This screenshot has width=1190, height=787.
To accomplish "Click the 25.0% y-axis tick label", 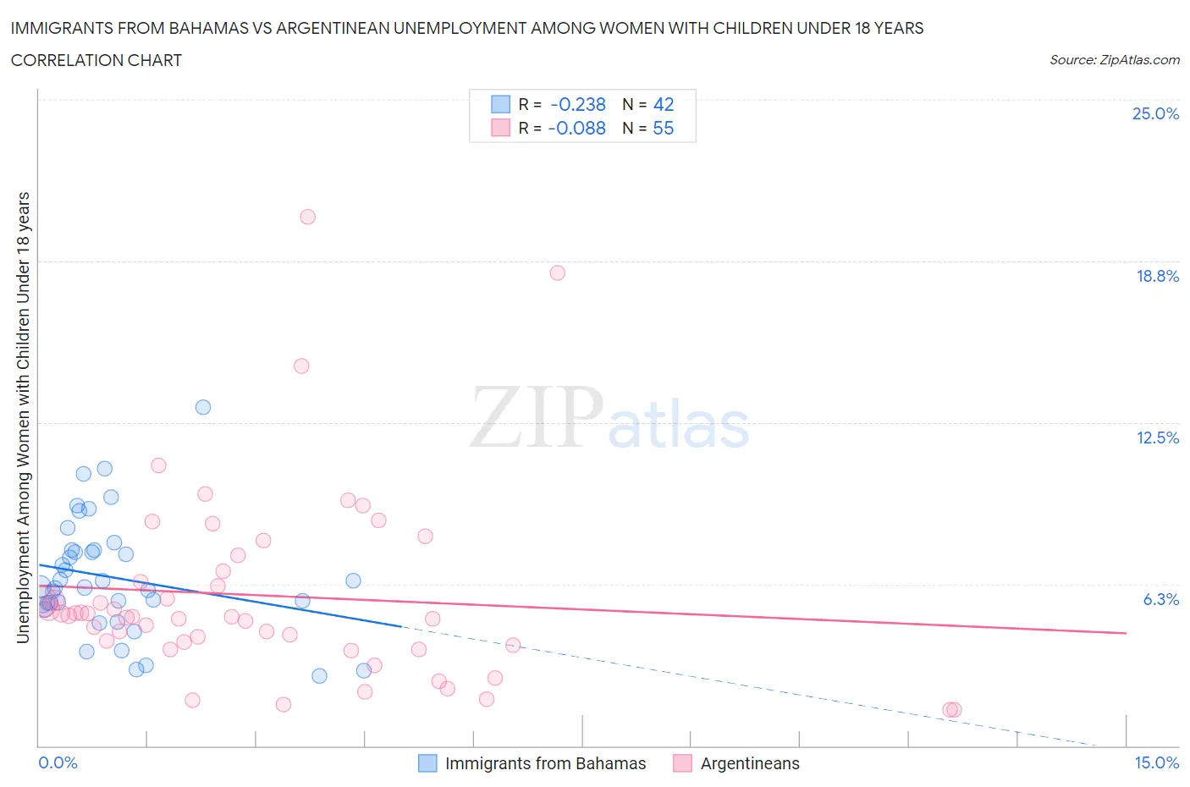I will [1155, 113].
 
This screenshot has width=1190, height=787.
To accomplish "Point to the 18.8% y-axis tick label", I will [1157, 276].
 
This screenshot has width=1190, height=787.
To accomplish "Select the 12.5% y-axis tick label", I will [1157, 438].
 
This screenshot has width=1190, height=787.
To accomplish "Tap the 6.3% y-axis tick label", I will [1160, 599].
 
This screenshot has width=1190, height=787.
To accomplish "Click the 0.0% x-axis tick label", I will [58, 762].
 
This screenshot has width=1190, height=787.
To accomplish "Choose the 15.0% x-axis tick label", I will [1156, 762].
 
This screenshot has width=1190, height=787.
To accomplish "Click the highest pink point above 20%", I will [307, 217].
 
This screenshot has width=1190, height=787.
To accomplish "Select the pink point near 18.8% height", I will [557, 272].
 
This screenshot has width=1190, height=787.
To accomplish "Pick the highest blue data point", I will [203, 407].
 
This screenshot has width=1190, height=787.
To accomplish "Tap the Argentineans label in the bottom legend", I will [749, 763].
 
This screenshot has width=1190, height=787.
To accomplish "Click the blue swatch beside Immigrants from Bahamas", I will [428, 763].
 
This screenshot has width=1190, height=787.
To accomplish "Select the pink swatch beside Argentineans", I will [682, 763].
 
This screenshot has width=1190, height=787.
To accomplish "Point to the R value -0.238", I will [577, 104].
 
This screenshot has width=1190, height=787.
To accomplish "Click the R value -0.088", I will [576, 128].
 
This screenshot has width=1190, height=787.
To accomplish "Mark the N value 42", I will [664, 104].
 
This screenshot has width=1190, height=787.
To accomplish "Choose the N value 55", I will [664, 128].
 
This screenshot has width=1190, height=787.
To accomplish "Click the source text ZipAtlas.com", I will [1138, 59].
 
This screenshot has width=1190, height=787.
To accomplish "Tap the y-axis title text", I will [23, 417].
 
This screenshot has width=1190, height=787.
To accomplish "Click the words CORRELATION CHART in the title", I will [96, 60].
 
